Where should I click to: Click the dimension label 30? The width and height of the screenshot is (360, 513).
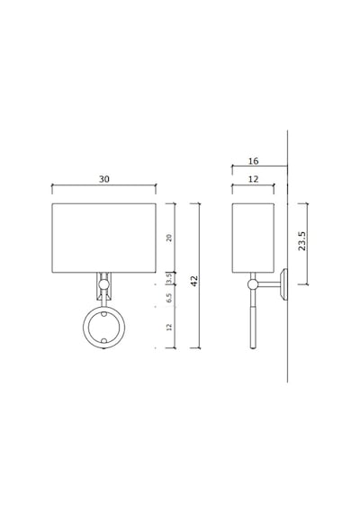[x=104, y=179]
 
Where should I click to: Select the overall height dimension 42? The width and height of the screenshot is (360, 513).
[x=194, y=281]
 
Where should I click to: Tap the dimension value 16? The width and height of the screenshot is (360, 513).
[x=253, y=161]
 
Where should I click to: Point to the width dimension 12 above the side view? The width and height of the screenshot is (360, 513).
[x=253, y=179]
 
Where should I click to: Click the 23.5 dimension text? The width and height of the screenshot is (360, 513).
[x=301, y=241]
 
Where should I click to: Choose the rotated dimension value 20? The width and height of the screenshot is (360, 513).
[x=169, y=238]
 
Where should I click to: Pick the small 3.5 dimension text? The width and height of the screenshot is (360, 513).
[x=169, y=279]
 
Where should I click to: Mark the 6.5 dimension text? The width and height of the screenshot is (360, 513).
[x=169, y=298]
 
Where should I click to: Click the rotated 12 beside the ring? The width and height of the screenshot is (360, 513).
[x=169, y=327]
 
